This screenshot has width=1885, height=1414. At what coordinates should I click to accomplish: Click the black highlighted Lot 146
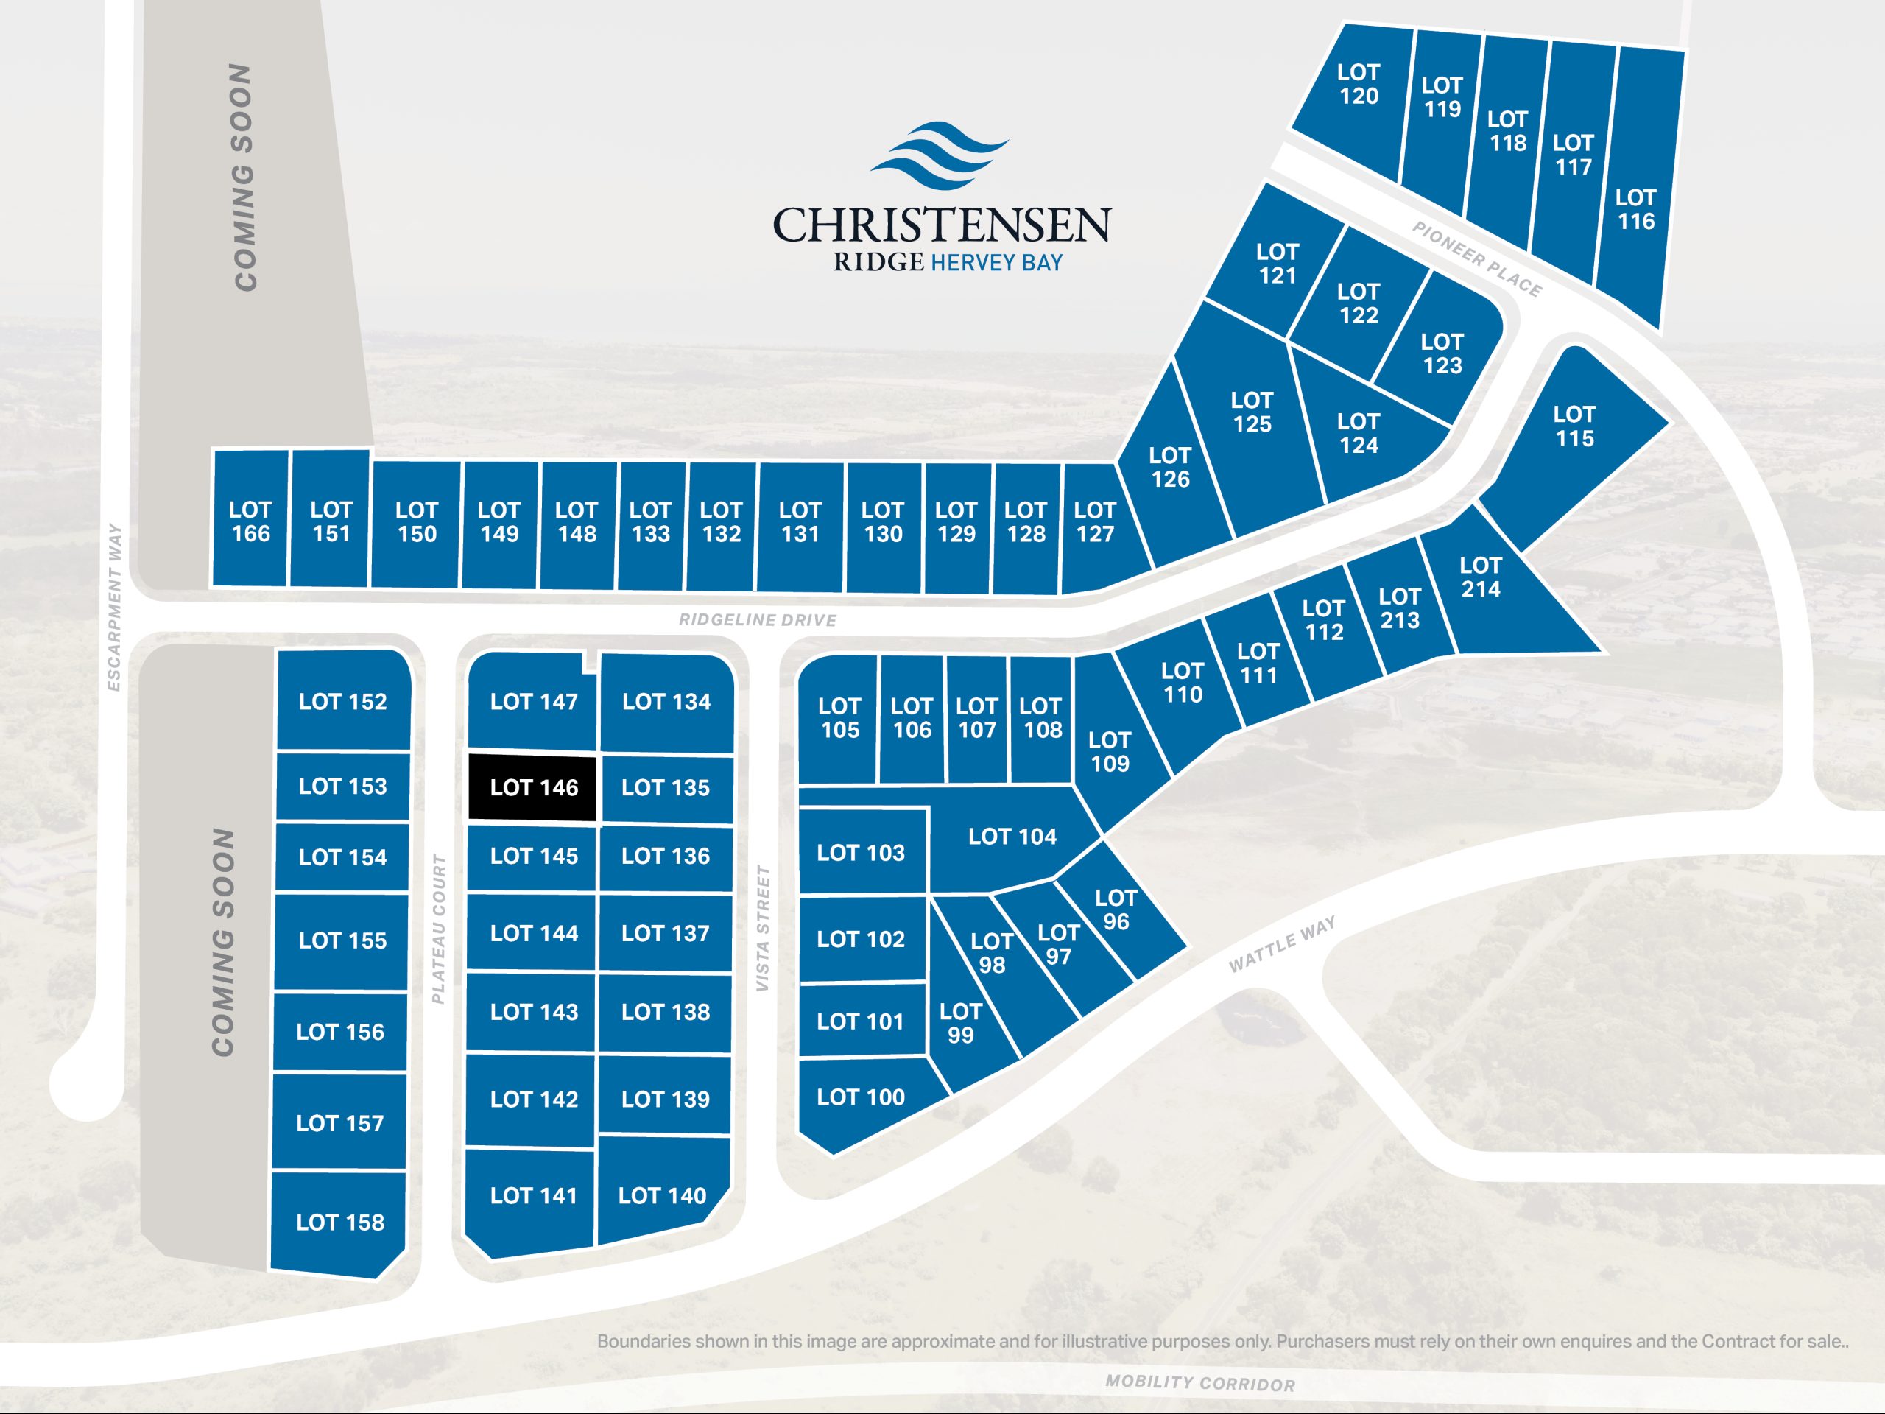click(532, 787)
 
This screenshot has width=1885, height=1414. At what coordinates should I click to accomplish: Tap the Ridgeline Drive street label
click(757, 619)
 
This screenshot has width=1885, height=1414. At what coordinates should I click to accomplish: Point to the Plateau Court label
click(439, 929)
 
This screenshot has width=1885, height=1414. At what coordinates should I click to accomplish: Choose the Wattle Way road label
click(1282, 944)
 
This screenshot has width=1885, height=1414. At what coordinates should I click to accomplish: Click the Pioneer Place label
click(1477, 259)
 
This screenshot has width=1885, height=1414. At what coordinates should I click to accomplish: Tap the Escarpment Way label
click(114, 607)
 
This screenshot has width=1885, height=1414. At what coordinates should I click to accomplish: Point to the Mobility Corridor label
click(1200, 1382)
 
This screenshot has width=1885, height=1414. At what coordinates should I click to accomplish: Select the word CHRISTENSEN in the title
click(941, 224)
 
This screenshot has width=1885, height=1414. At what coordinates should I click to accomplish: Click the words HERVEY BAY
click(996, 262)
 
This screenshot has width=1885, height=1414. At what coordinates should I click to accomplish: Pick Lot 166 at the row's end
click(250, 521)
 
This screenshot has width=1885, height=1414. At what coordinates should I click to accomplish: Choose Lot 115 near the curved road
click(1573, 427)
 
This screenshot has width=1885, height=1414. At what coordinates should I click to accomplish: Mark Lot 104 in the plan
click(1012, 837)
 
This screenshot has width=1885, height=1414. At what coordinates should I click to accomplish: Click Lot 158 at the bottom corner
click(339, 1223)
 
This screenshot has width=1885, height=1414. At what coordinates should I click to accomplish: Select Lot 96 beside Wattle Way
click(1116, 910)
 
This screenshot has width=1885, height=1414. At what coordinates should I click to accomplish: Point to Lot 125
click(1251, 412)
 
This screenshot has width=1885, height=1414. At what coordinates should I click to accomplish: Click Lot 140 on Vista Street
click(662, 1196)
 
